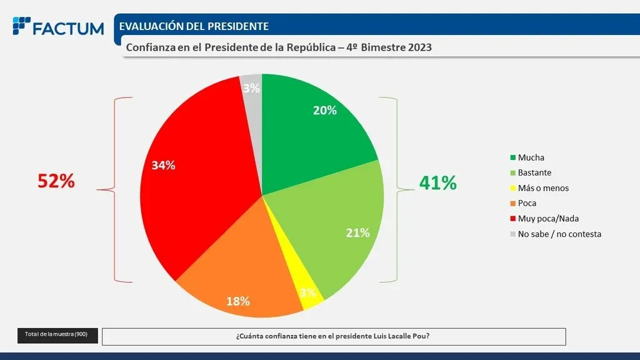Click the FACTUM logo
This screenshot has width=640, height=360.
click(x=58, y=27)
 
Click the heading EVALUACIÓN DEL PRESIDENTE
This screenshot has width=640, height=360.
click(x=194, y=26)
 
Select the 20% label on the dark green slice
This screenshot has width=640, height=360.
click(x=325, y=111)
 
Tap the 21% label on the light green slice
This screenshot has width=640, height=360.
click(x=358, y=233)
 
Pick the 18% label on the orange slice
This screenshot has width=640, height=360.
click(x=238, y=301)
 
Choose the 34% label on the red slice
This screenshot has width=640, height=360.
click(x=164, y=166)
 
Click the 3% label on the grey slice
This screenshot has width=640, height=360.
click(x=251, y=89)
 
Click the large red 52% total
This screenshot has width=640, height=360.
click(x=56, y=181)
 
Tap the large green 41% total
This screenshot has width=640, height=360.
click(x=437, y=182)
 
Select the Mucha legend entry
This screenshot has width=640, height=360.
click(x=531, y=157)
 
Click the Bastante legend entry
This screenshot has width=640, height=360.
click(x=534, y=172)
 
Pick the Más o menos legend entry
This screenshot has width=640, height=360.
click(x=543, y=188)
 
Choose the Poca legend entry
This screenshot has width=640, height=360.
click(x=527, y=203)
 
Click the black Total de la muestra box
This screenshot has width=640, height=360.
click(x=56, y=335)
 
